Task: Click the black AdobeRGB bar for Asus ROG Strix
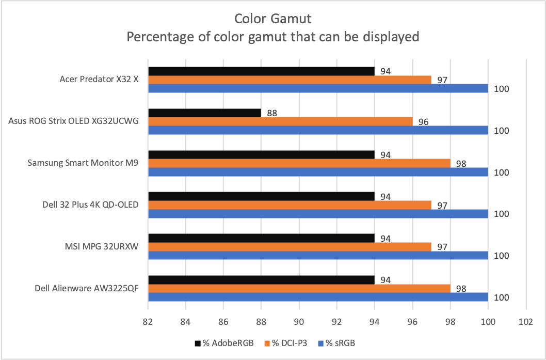click(x=204, y=113)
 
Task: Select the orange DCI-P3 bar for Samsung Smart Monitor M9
click(x=299, y=163)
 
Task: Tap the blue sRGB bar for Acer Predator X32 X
click(x=318, y=88)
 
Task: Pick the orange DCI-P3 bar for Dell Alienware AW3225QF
click(x=299, y=288)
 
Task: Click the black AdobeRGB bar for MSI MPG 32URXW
click(x=261, y=238)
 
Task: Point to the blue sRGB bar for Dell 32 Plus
click(x=318, y=213)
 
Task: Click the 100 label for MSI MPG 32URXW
click(x=502, y=256)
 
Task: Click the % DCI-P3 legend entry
click(x=285, y=343)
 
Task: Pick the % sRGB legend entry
click(x=339, y=343)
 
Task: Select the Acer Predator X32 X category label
click(x=99, y=80)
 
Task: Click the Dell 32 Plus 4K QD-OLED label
click(x=91, y=205)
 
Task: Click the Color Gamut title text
click(x=272, y=19)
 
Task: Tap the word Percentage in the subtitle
click(x=158, y=37)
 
